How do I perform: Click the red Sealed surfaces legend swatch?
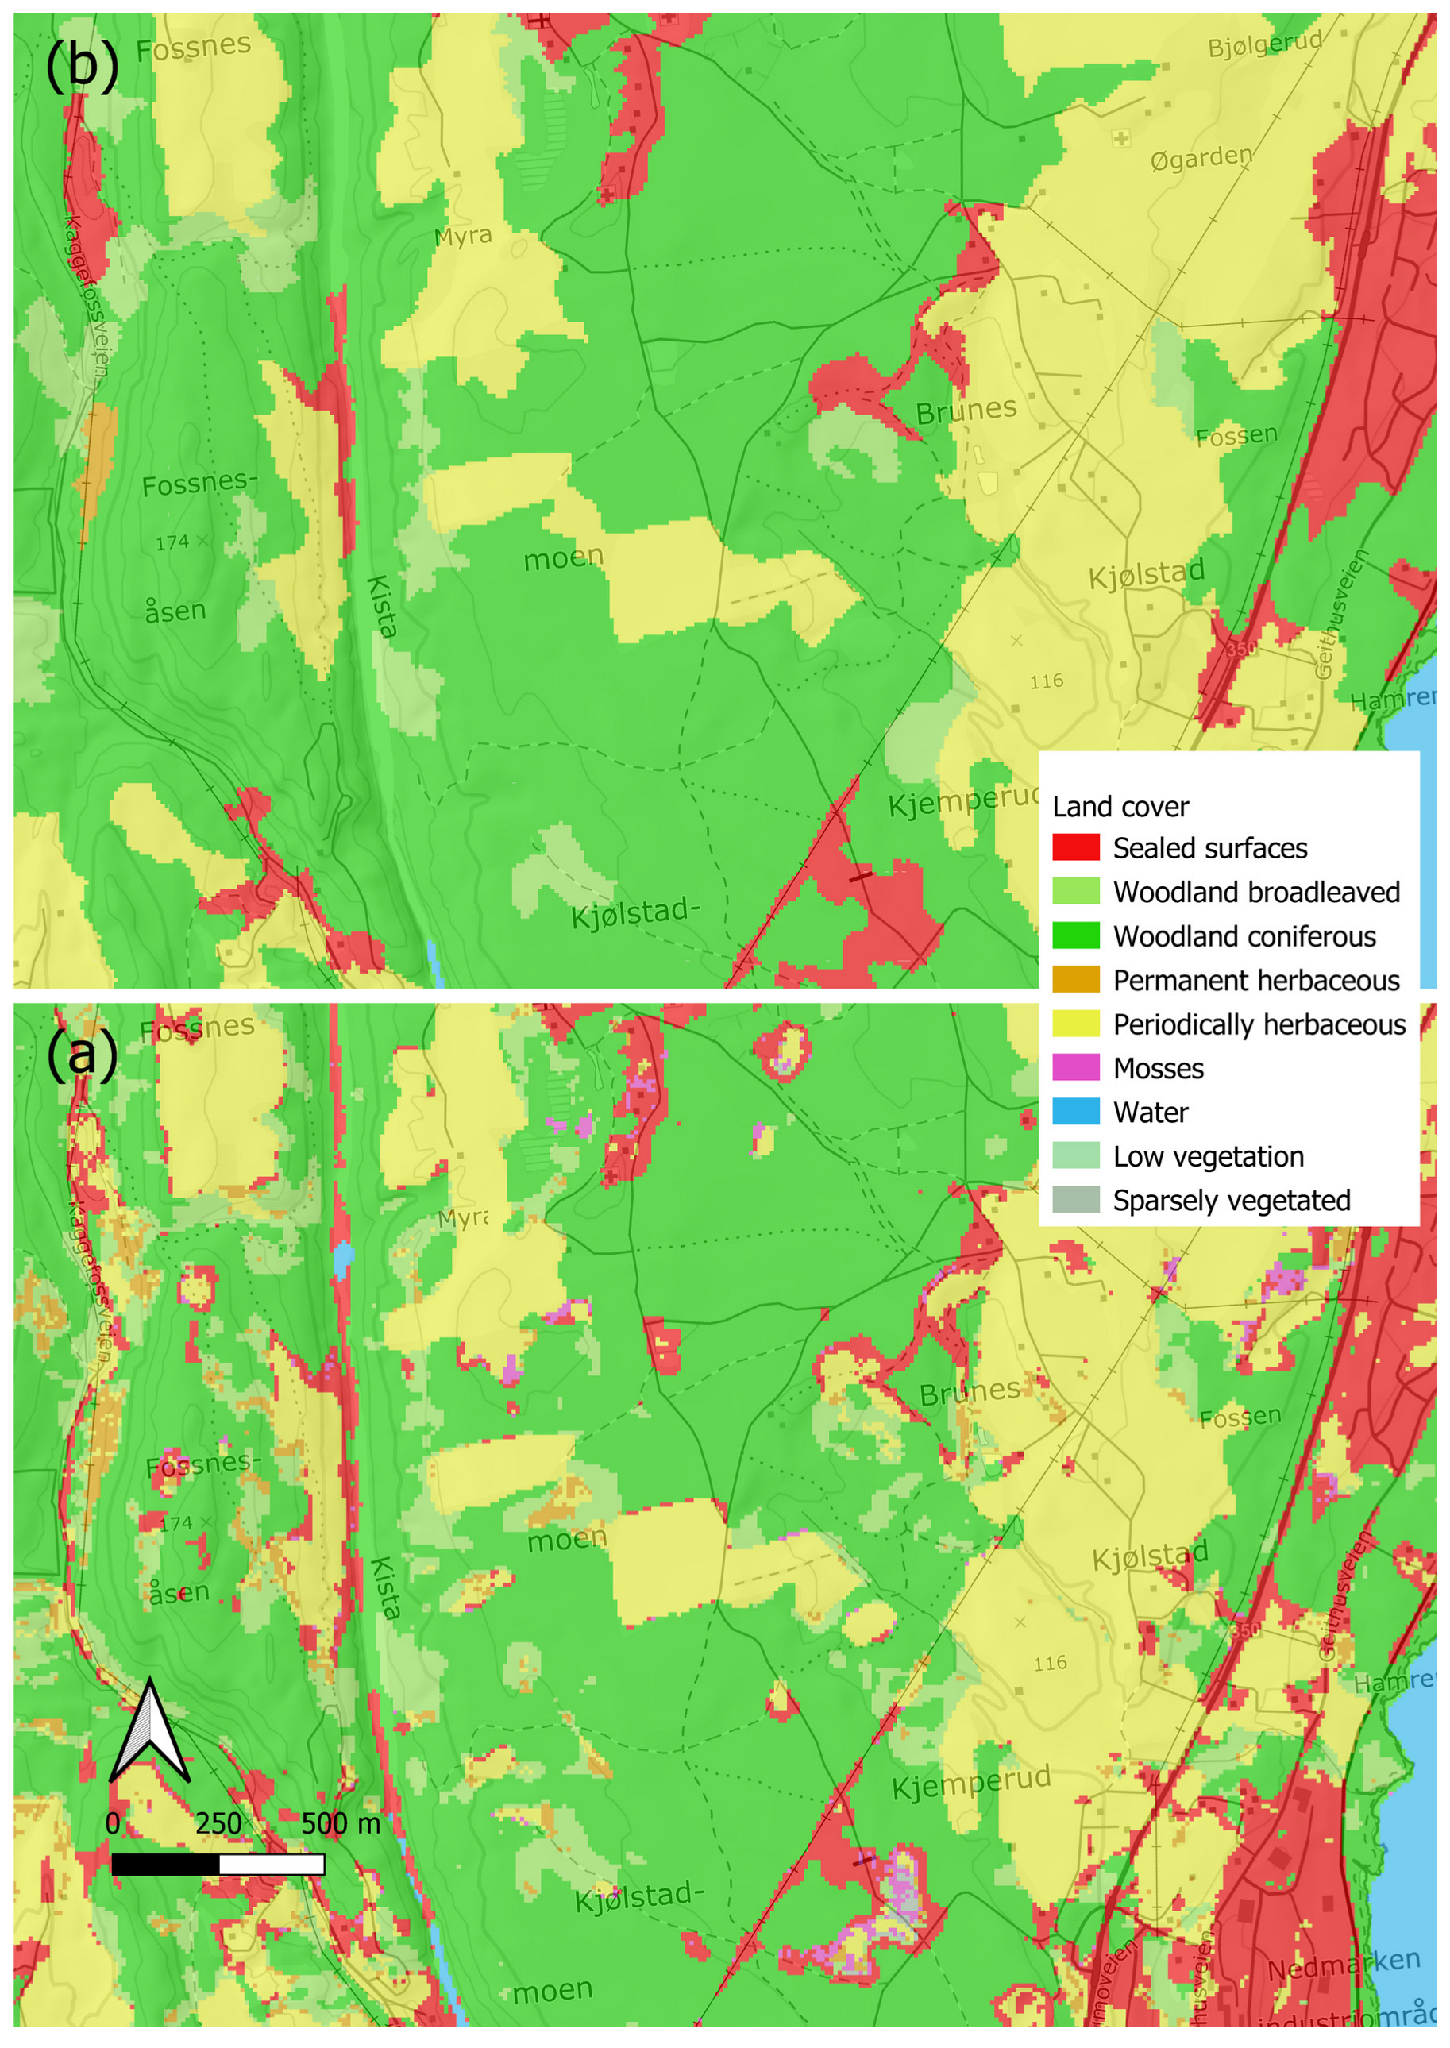coord(1075,847)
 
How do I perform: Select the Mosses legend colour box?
coord(1075,1068)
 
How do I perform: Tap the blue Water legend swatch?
coord(1075,1112)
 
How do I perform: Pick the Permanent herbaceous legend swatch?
coord(1075,979)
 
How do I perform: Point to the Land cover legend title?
coord(1120,806)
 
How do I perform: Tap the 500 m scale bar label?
coord(340,1823)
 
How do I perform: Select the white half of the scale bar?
coord(272,1864)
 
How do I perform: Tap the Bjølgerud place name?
coord(1264,44)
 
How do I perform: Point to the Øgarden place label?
coord(1201,159)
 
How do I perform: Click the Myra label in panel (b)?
coord(462,237)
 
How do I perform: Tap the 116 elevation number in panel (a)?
coord(1050,1663)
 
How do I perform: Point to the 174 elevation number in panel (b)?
coord(172,542)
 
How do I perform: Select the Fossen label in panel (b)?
coord(1236,436)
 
